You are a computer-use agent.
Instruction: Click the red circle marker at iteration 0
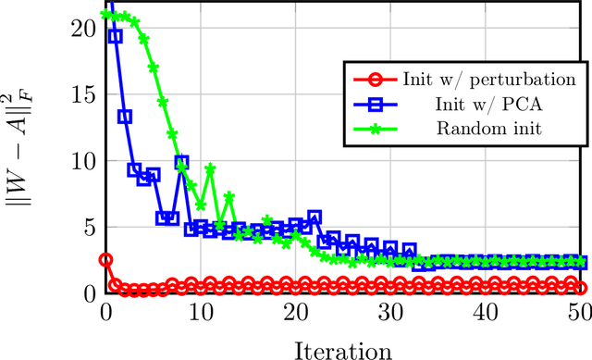tap(105, 260)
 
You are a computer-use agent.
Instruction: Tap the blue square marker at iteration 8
tap(182, 163)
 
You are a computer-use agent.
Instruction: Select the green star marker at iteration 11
tap(211, 169)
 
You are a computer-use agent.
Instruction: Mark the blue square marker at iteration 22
tap(314, 217)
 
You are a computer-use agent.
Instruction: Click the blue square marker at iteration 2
tap(125, 117)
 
